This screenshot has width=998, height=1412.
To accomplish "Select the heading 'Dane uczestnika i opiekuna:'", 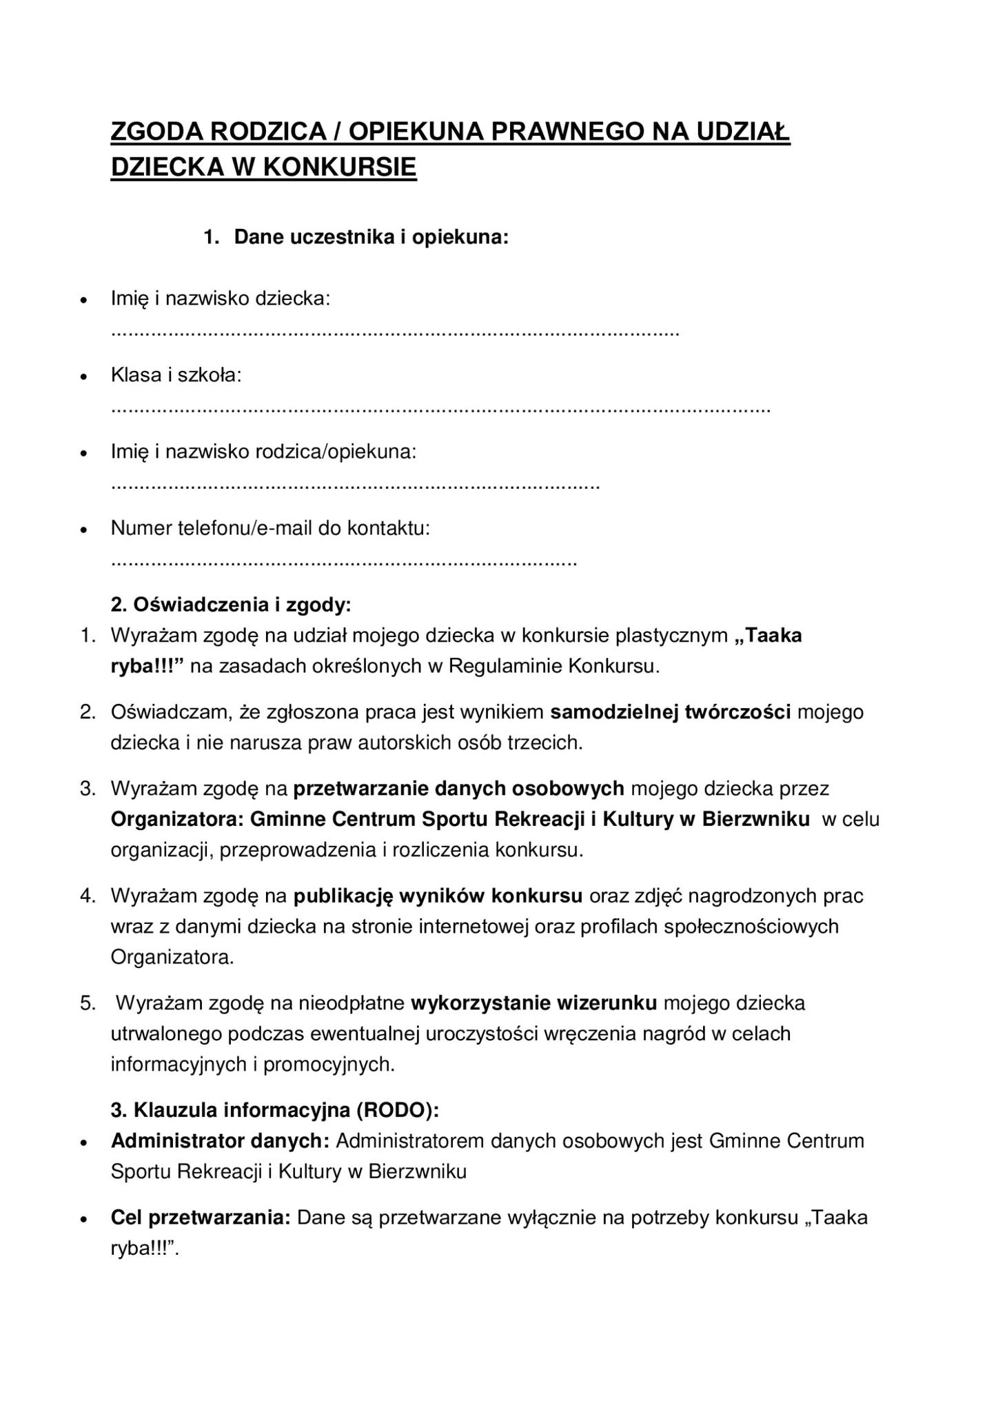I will [x=371, y=237].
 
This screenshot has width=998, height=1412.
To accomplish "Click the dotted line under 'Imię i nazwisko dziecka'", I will [x=395, y=333].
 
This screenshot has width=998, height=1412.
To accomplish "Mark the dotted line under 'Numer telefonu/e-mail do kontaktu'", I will [x=343, y=563].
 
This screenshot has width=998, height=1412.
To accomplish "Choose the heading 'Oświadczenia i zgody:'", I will [x=231, y=605].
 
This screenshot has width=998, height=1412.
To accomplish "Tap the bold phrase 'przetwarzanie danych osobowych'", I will [x=458, y=788].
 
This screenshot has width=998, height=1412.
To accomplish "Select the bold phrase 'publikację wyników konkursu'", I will [x=438, y=896].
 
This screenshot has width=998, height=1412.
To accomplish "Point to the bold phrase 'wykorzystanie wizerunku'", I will [x=533, y=1002].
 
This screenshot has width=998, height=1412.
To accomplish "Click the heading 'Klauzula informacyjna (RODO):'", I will [x=275, y=1110].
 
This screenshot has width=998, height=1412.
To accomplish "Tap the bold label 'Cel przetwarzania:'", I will [x=201, y=1218].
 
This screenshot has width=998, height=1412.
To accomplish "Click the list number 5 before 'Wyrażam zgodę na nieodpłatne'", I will [x=87, y=1003].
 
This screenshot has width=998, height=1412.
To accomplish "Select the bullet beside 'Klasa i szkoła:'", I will [x=83, y=377].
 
